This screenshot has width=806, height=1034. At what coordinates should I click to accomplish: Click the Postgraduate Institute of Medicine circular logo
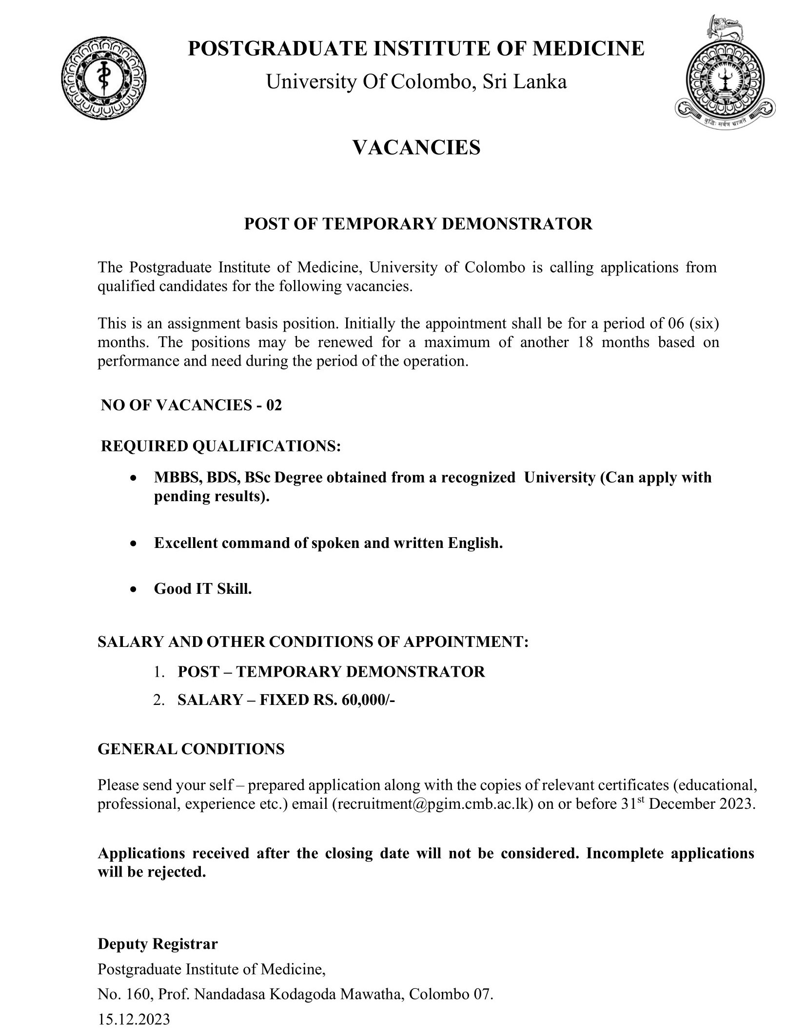coord(104,78)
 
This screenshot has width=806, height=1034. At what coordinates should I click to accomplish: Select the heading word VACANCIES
coord(416,147)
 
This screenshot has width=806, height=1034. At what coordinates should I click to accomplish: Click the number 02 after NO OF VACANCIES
coord(274,405)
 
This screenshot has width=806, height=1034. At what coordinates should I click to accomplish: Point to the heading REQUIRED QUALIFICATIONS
coord(220,446)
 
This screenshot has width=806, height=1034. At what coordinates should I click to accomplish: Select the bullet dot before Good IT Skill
coord(134,589)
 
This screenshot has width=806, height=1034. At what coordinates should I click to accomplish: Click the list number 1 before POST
coord(158,672)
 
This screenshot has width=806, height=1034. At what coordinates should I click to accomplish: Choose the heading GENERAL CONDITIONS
coord(191,749)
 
